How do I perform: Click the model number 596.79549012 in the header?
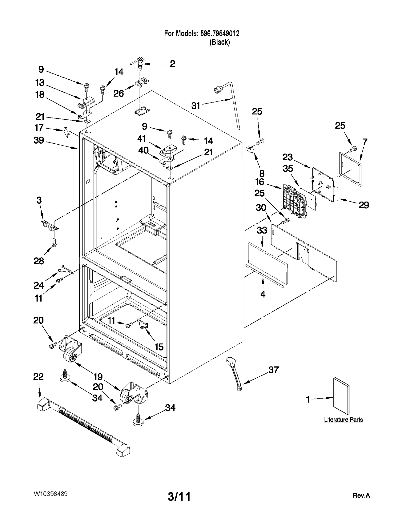pyautogui.click(x=220, y=33)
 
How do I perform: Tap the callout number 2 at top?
pyautogui.click(x=172, y=64)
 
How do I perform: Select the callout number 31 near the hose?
pyautogui.click(x=196, y=106)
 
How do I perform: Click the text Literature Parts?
pyautogui.click(x=343, y=419)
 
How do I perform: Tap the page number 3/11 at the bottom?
pyautogui.click(x=179, y=497)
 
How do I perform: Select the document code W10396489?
pyautogui.click(x=50, y=494)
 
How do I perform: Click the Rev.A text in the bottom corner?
pyautogui.click(x=361, y=495)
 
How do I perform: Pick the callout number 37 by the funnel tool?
pyautogui.click(x=274, y=370)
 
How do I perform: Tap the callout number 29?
pyautogui.click(x=364, y=205)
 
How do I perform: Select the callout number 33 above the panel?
pyautogui.click(x=262, y=230)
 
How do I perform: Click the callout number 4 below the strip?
pyautogui.click(x=263, y=294)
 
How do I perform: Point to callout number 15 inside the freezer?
pyautogui.click(x=159, y=347)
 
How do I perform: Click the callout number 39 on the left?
pyautogui.click(x=39, y=140)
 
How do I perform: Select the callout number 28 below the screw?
pyautogui.click(x=39, y=261)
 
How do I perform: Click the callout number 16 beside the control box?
pyautogui.click(x=260, y=182)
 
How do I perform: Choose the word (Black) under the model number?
pyautogui.click(x=219, y=42)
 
